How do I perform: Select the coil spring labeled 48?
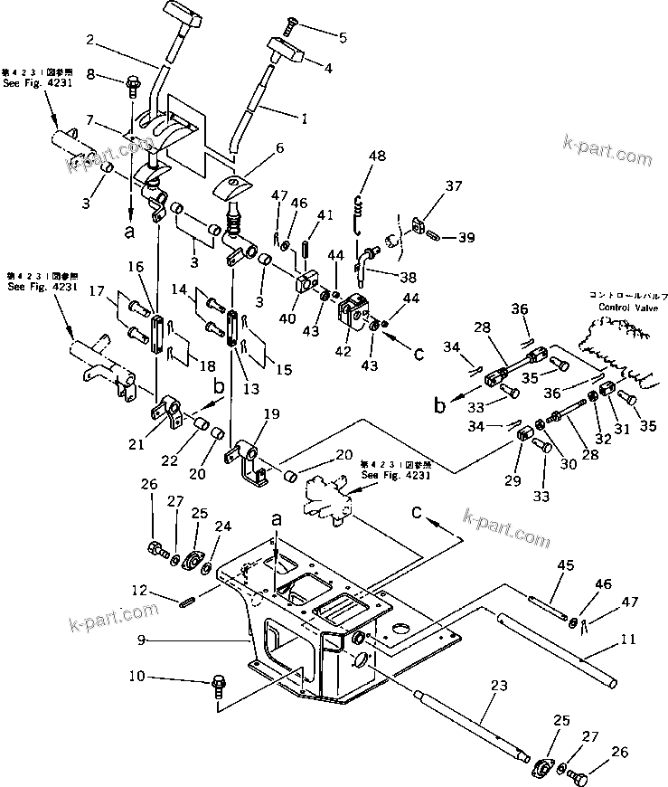[x=360, y=209]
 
